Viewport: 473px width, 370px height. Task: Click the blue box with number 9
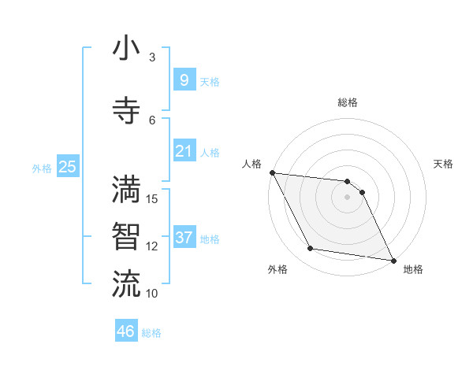(184, 80)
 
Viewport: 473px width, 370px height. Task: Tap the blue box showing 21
(184, 151)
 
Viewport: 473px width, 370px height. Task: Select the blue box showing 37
(184, 238)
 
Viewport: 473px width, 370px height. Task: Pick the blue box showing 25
(67, 167)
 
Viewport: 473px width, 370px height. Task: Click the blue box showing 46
(125, 331)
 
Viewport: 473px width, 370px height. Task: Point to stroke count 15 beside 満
(152, 198)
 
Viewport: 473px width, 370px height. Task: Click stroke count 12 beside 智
(152, 246)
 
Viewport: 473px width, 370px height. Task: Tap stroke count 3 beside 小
(152, 57)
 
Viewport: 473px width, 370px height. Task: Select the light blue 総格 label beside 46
(151, 333)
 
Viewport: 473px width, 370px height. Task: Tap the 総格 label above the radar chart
(347, 102)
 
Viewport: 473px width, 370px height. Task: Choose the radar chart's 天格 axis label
(443, 164)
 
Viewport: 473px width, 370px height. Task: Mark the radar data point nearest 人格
(272, 172)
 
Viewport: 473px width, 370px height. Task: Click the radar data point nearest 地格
(393, 260)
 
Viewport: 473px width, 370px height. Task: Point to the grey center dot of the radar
(347, 197)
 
